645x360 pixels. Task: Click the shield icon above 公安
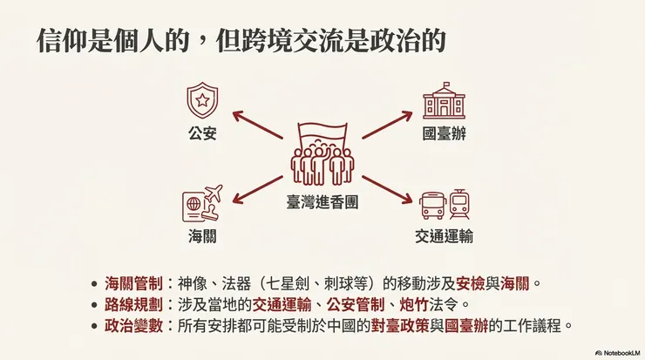(x=202, y=100)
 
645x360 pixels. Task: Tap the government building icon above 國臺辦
(x=444, y=101)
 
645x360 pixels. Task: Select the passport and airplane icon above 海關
(x=202, y=203)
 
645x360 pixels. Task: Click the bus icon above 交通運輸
(x=432, y=206)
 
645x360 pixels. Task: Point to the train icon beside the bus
(x=459, y=204)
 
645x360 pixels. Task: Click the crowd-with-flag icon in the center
(x=322, y=154)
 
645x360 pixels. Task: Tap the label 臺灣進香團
(x=322, y=202)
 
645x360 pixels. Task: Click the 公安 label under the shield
(x=202, y=133)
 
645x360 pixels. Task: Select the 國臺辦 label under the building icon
(x=445, y=133)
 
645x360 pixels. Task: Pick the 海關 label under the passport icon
(x=202, y=236)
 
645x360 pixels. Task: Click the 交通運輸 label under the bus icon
(x=444, y=236)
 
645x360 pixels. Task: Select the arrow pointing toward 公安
(x=257, y=125)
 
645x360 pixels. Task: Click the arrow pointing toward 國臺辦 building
(x=387, y=125)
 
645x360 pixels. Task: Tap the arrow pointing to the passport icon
(x=257, y=189)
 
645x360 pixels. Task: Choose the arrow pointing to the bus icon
(x=387, y=189)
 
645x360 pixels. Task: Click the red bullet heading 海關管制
(x=133, y=283)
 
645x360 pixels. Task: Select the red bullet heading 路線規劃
(x=133, y=305)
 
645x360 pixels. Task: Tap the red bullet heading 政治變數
(x=133, y=326)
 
